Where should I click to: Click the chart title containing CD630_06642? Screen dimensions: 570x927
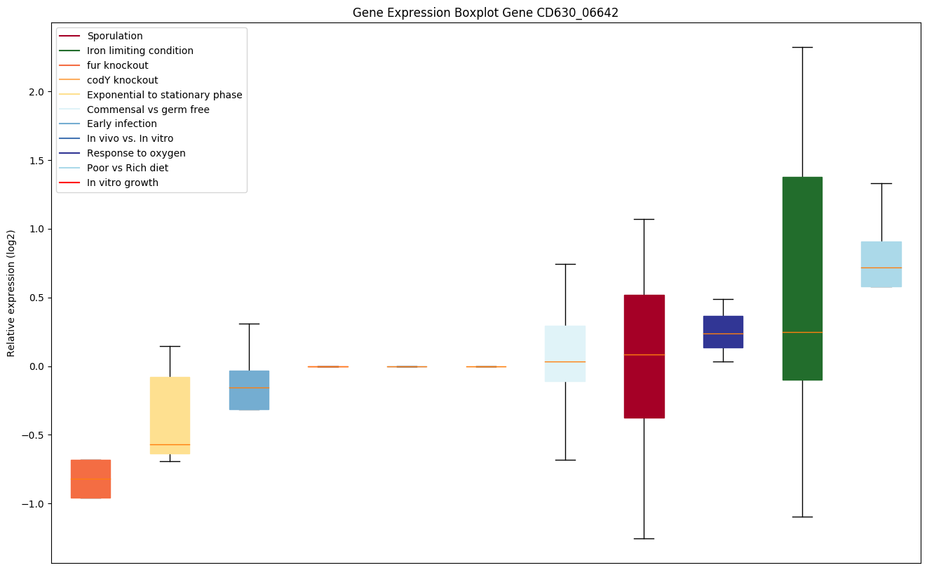pos(485,13)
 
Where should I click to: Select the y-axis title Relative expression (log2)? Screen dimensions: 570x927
pos(11,293)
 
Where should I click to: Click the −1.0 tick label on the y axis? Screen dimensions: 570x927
pos(34,504)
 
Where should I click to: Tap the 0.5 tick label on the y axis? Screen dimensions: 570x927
pos(36,298)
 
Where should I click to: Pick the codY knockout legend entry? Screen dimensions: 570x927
pos(122,80)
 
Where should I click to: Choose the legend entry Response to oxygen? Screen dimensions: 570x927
pos(136,153)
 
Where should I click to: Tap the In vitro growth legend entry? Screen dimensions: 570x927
pos(123,183)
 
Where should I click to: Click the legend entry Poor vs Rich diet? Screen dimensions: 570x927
pos(128,168)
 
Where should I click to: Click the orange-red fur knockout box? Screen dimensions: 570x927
pos(90,479)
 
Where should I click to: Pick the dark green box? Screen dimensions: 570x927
pos(802,278)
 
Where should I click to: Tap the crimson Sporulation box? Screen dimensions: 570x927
pos(644,357)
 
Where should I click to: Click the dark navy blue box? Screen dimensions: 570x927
pos(723,331)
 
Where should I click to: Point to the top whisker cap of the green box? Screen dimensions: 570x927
pos(802,47)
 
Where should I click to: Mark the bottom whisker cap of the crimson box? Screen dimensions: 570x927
pos(644,538)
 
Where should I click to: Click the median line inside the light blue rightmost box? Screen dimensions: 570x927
pos(881,267)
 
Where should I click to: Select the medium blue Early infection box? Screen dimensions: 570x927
pos(249,390)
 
